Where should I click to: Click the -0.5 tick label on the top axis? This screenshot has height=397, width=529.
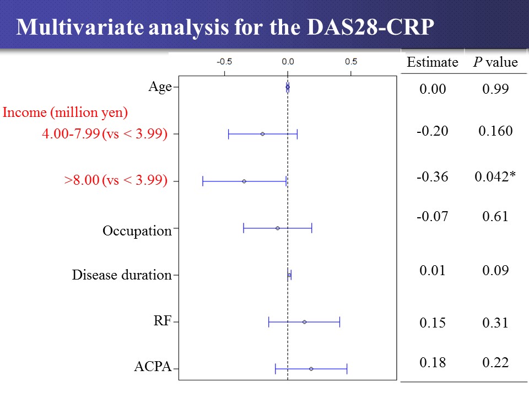(x=224, y=61)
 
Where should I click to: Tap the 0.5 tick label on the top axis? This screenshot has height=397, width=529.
(x=351, y=61)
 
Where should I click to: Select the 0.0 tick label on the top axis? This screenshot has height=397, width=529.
(x=288, y=61)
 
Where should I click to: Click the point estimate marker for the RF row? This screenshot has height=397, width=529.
(x=304, y=321)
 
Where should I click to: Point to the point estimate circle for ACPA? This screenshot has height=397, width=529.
(x=311, y=368)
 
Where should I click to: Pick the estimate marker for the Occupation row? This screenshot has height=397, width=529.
(x=278, y=228)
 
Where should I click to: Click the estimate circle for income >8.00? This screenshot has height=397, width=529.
(x=244, y=181)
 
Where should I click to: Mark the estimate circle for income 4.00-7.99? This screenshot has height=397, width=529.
(x=262, y=134)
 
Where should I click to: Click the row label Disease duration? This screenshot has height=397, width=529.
(x=122, y=275)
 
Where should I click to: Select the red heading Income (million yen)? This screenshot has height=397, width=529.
(x=66, y=113)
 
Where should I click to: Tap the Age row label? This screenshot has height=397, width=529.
(x=160, y=87)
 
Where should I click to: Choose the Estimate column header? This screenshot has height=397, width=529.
(x=432, y=62)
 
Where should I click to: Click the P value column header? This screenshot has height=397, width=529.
(x=495, y=62)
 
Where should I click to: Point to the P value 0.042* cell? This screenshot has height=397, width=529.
(x=495, y=176)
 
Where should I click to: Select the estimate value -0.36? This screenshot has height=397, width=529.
(x=432, y=176)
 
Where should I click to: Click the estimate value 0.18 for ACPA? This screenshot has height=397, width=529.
(x=432, y=362)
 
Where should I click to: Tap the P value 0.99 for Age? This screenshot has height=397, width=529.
(x=495, y=89)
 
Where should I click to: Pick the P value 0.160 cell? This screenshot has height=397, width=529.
(x=495, y=131)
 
